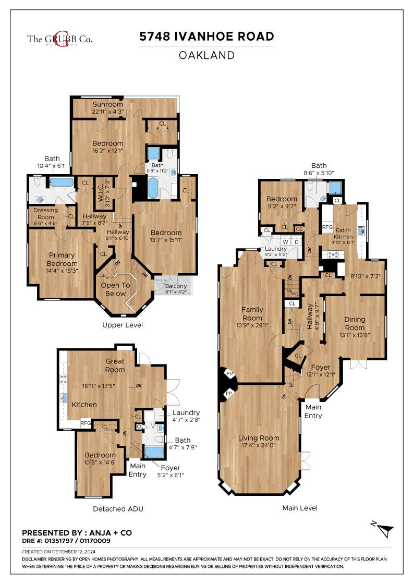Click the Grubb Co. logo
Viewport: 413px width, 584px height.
[59, 39]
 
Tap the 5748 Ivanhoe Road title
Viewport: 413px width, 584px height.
[207, 36]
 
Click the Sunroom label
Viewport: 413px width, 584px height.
[107, 104]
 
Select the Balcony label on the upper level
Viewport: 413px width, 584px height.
[176, 286]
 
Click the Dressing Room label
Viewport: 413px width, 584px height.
[46, 213]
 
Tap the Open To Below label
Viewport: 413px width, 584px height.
[115, 289]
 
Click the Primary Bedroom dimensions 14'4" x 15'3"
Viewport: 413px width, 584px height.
[62, 271]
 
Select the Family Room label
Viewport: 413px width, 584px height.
[252, 313]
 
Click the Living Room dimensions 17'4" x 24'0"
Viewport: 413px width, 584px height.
[259, 445]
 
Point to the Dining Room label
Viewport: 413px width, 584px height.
[355, 323]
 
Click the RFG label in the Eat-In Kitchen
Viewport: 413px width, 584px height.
[327, 227]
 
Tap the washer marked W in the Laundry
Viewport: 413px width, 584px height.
[286, 242]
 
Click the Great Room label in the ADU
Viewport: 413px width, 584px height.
[115, 366]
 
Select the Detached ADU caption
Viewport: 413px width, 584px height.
[118, 509]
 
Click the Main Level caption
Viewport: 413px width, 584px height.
[300, 508]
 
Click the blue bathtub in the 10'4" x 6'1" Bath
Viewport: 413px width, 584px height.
[62, 182]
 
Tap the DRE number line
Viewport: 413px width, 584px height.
[66, 541]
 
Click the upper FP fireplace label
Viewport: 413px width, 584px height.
[229, 373]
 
